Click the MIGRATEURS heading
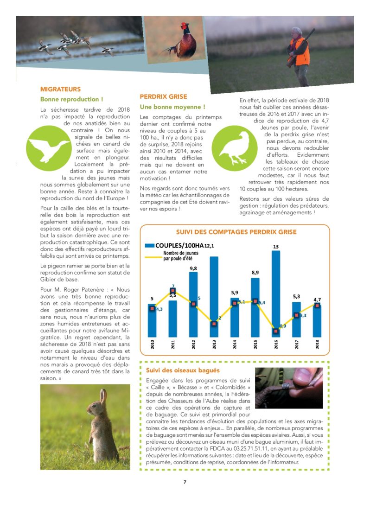pos(60,89)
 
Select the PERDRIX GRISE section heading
pos(163,96)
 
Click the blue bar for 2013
pos(214,297)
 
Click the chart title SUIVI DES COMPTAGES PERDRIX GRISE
pos(236,232)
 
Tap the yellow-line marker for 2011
pos(173,291)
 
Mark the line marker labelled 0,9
pos(276,331)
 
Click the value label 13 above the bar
pos(276,247)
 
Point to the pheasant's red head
pos(185,26)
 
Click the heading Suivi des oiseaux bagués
pos(183,370)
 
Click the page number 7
pos(185,482)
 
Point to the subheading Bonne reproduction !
pos(71,99)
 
